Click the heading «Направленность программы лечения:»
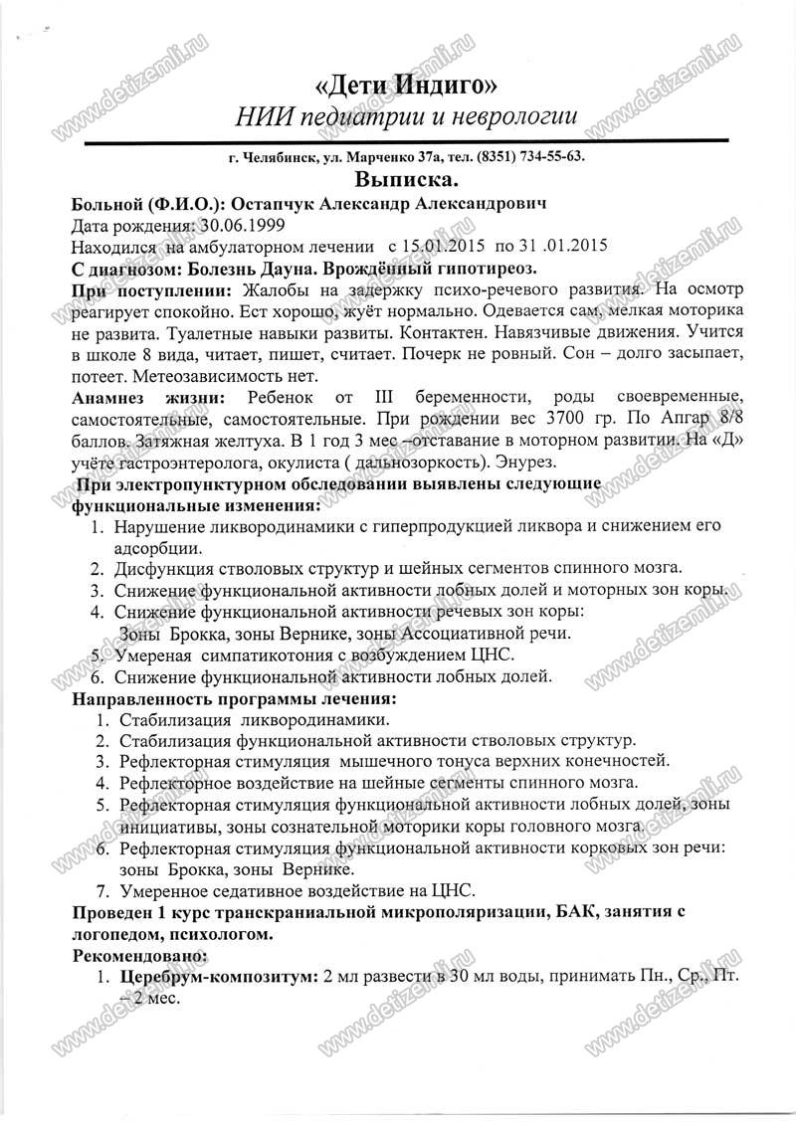236,698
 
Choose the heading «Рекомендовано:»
139,955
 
